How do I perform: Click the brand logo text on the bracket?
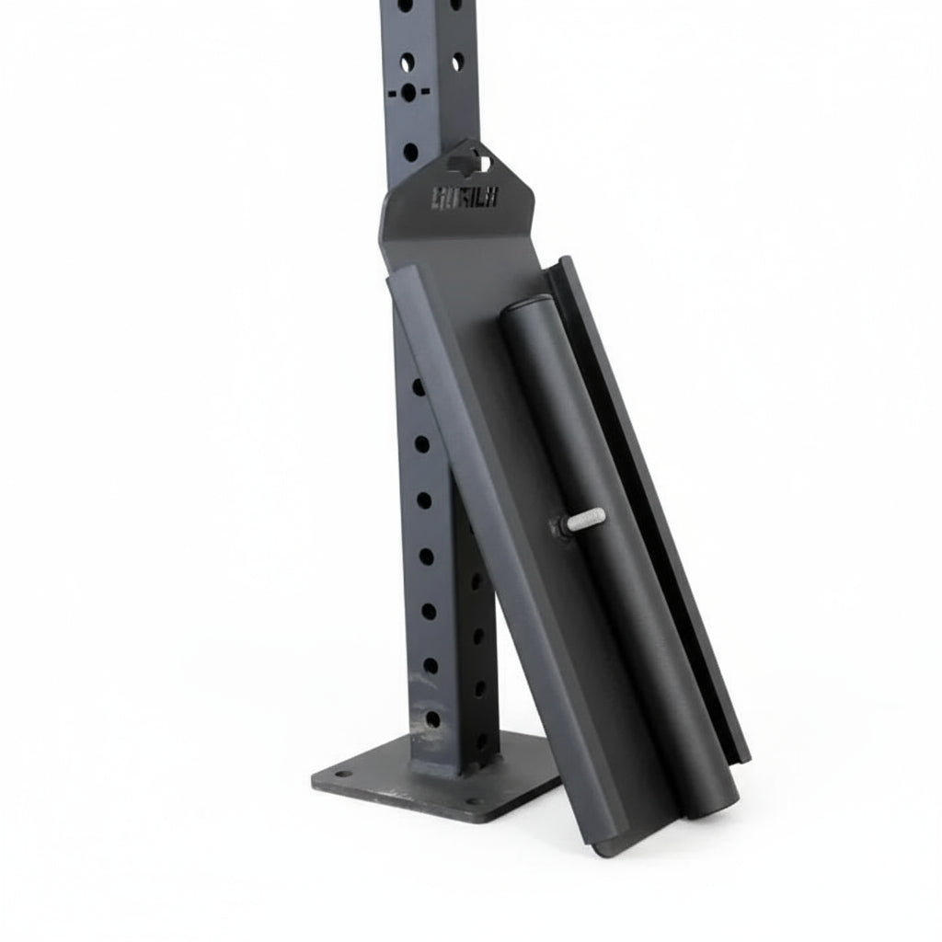[465, 197]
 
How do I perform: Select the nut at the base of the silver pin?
[558, 527]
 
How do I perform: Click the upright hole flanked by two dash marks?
[408, 93]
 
